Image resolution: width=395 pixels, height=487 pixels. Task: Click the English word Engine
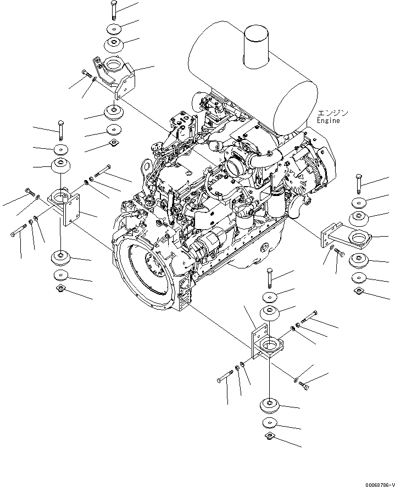[328, 120]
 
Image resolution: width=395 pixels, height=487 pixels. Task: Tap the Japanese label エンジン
[332, 113]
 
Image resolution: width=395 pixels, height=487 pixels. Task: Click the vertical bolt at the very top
[113, 9]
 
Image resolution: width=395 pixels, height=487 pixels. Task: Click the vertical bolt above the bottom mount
[269, 278]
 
